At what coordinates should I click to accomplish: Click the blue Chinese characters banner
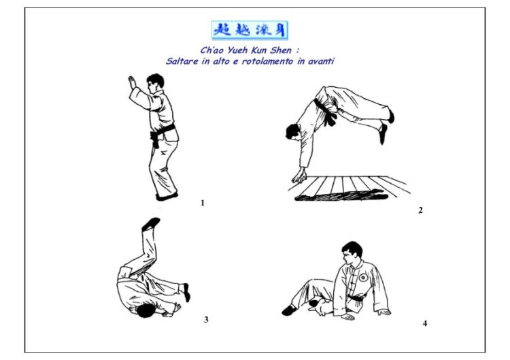point(250,30)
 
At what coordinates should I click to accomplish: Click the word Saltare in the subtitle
point(182,61)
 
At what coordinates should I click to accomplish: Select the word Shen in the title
point(280,50)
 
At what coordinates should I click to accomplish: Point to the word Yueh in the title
point(237,50)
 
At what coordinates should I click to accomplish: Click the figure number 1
point(203,203)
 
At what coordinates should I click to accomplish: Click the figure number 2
point(420,210)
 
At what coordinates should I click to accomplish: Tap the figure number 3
point(206,320)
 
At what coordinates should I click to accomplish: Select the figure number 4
point(425,323)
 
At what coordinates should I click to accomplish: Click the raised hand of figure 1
point(132,82)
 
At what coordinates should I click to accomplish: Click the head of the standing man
point(155,83)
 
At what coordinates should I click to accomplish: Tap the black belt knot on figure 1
point(155,139)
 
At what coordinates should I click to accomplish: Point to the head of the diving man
point(294,132)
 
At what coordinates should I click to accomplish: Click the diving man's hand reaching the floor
point(299,176)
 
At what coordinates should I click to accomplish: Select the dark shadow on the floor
point(341,195)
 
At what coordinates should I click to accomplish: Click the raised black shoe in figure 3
point(150,225)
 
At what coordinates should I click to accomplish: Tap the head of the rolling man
point(146,311)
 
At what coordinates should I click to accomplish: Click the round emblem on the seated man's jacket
point(363,278)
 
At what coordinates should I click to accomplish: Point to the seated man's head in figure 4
point(352,252)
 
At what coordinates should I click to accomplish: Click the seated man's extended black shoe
point(289,310)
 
